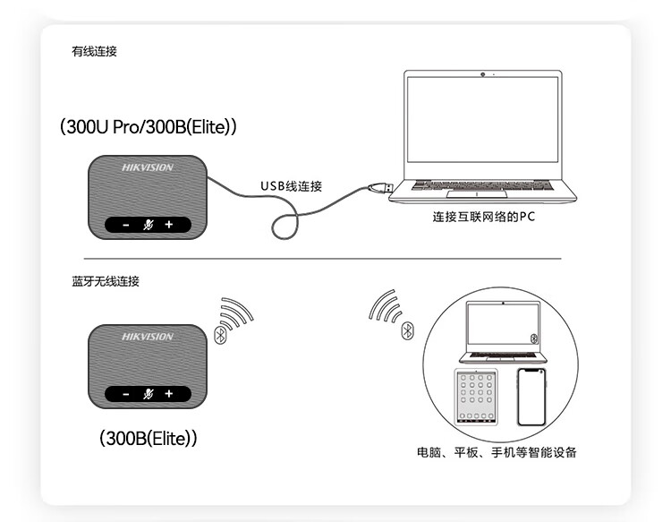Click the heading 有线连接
point(94,51)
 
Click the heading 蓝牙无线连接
point(106,281)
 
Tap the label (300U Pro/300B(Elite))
point(148,127)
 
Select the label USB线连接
point(291,186)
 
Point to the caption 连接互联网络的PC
point(483,217)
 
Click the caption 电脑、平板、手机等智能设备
point(497,452)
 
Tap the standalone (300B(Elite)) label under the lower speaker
point(148,438)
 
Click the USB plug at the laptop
point(381,187)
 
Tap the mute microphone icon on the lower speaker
point(148,394)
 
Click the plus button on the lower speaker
point(169,394)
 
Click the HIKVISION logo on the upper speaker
point(148,167)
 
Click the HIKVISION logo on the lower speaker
point(148,337)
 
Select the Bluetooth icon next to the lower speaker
point(220,335)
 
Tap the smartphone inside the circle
point(531,397)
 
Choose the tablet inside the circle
point(476,397)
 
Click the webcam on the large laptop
point(483,74)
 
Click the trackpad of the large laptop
point(477,194)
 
